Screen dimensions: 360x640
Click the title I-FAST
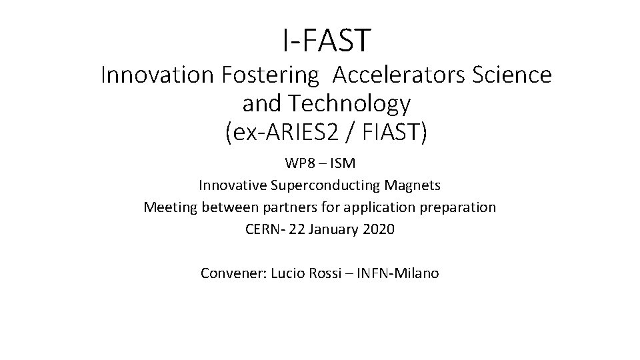[325, 41]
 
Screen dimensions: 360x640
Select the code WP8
[299, 163]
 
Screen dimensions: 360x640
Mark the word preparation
[459, 207]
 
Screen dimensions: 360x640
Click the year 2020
[378, 229]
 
